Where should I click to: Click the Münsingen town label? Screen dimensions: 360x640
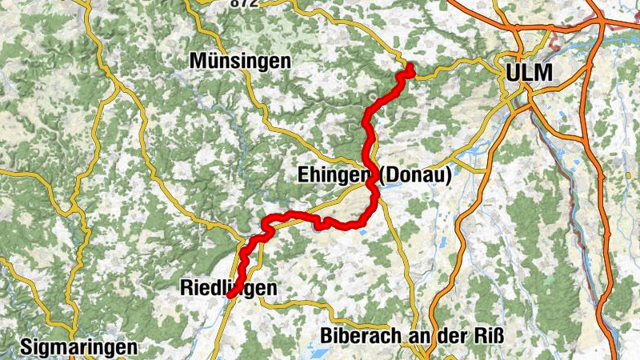[x=241, y=61]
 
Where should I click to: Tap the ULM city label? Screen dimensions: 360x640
[x=529, y=73]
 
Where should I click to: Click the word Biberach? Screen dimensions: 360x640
[x=358, y=335]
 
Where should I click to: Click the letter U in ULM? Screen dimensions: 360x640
[x=512, y=73]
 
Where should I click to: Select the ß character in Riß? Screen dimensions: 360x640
[x=498, y=335]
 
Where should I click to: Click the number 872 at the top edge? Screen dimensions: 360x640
[x=244, y=3]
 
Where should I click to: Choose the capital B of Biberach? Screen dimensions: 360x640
[x=326, y=335]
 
